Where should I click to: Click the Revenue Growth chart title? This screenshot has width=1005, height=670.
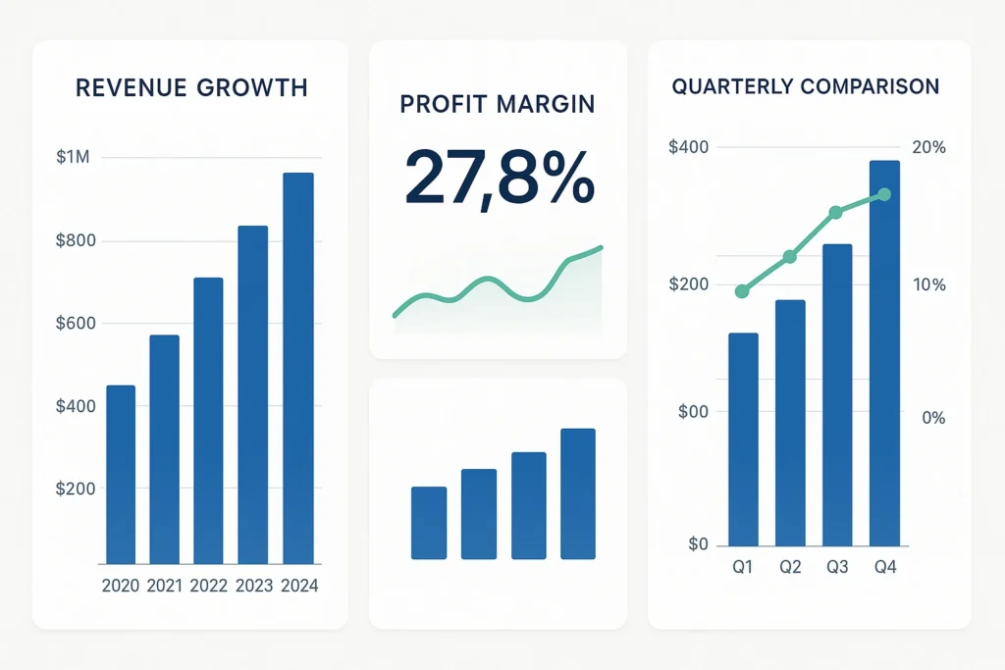191,88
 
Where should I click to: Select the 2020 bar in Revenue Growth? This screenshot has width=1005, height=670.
121,475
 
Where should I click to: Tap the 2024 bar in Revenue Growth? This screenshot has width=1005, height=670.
298,368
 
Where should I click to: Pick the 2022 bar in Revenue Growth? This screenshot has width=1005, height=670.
208,421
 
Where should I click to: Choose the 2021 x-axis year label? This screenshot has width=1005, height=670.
166,586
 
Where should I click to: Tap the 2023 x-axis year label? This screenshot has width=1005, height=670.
254,586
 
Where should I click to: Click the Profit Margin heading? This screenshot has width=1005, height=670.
498,104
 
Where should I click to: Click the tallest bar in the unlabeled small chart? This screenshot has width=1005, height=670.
578,493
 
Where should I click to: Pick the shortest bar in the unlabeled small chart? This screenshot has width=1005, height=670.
429,523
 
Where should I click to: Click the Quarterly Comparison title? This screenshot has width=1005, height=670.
806,86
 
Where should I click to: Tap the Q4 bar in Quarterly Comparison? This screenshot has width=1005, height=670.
884,353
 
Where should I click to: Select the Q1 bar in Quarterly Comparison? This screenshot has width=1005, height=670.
743,439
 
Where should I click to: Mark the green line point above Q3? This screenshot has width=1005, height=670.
836,212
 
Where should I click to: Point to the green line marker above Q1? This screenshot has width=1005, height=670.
742,291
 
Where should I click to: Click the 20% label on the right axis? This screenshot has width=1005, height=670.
928,147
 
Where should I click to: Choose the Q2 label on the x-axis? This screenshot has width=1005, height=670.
790,567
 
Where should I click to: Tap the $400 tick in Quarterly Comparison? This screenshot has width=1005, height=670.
688,147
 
